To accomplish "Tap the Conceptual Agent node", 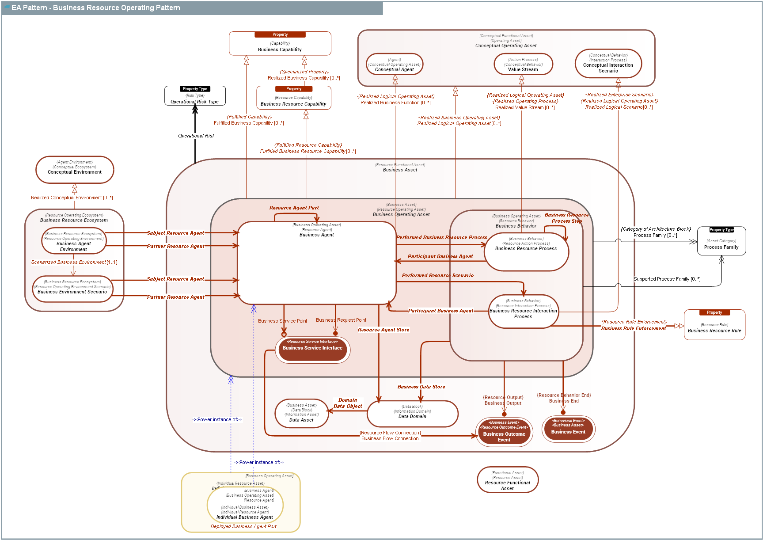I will click(395, 65).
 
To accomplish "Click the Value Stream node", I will click(523, 65).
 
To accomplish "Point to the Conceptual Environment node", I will click(75, 170).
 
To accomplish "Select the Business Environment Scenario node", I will click(72, 289).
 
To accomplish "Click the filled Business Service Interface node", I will click(312, 350).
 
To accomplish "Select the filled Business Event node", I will click(568, 429).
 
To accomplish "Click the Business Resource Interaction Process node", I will click(523, 312).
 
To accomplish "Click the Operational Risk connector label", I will click(196, 136).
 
